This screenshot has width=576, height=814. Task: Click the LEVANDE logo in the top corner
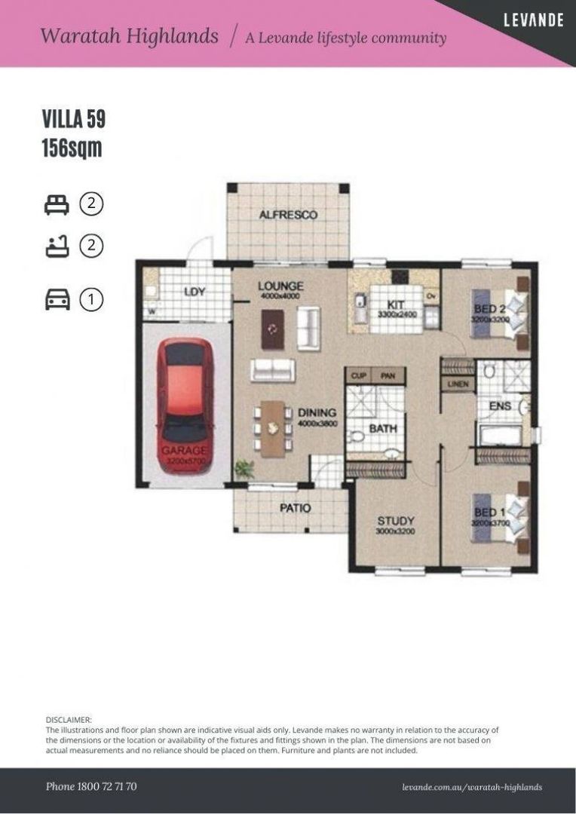[533, 20]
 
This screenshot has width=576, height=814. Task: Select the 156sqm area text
[72, 148]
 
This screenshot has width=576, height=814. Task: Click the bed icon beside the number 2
[57, 204]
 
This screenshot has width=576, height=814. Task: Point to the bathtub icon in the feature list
[57, 246]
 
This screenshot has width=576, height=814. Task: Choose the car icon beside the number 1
[57, 300]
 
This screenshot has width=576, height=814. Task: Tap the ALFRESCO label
[288, 215]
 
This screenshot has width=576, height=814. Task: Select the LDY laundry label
[195, 292]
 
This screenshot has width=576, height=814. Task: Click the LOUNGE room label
[280, 286]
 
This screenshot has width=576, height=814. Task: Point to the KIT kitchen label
[396, 304]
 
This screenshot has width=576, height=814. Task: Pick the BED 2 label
[489, 310]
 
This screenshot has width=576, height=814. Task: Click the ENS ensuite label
[500, 406]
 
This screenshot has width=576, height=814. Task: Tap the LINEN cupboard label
[458, 384]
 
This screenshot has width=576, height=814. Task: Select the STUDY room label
[396, 521]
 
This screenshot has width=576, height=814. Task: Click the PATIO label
[295, 508]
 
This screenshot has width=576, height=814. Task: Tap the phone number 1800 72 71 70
[91, 786]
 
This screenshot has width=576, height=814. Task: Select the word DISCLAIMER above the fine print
[69, 721]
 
